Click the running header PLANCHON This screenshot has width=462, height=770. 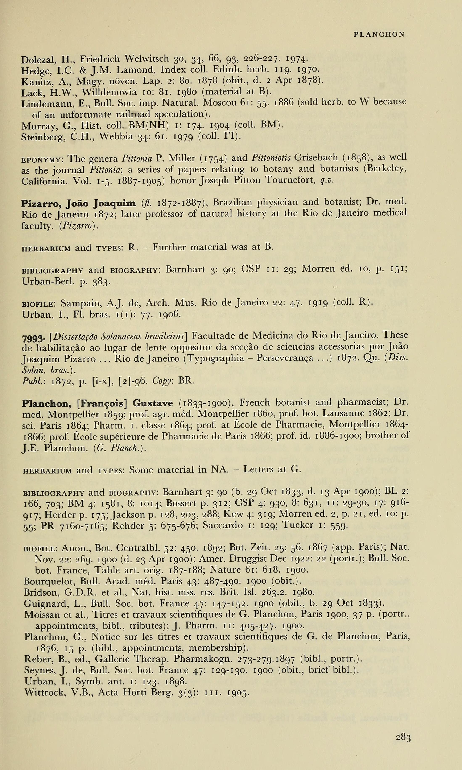(379, 34)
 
